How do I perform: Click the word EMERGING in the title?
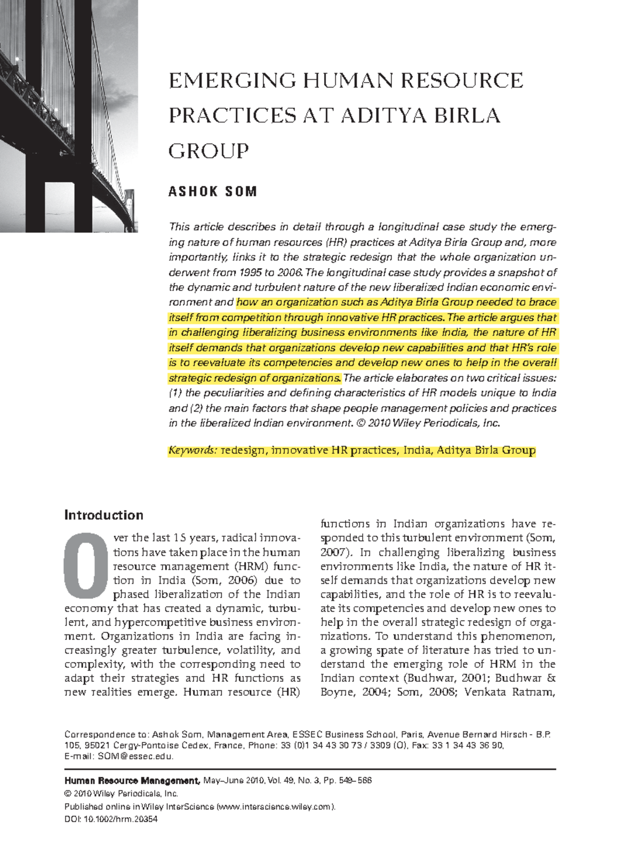[232, 81]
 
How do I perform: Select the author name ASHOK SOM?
[213, 191]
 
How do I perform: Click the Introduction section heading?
[104, 515]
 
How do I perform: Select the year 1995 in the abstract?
[250, 272]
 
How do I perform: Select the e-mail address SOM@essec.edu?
[135, 756]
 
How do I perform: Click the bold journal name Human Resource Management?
[132, 780]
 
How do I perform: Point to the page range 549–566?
[357, 780]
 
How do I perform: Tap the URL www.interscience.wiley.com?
[275, 807]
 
